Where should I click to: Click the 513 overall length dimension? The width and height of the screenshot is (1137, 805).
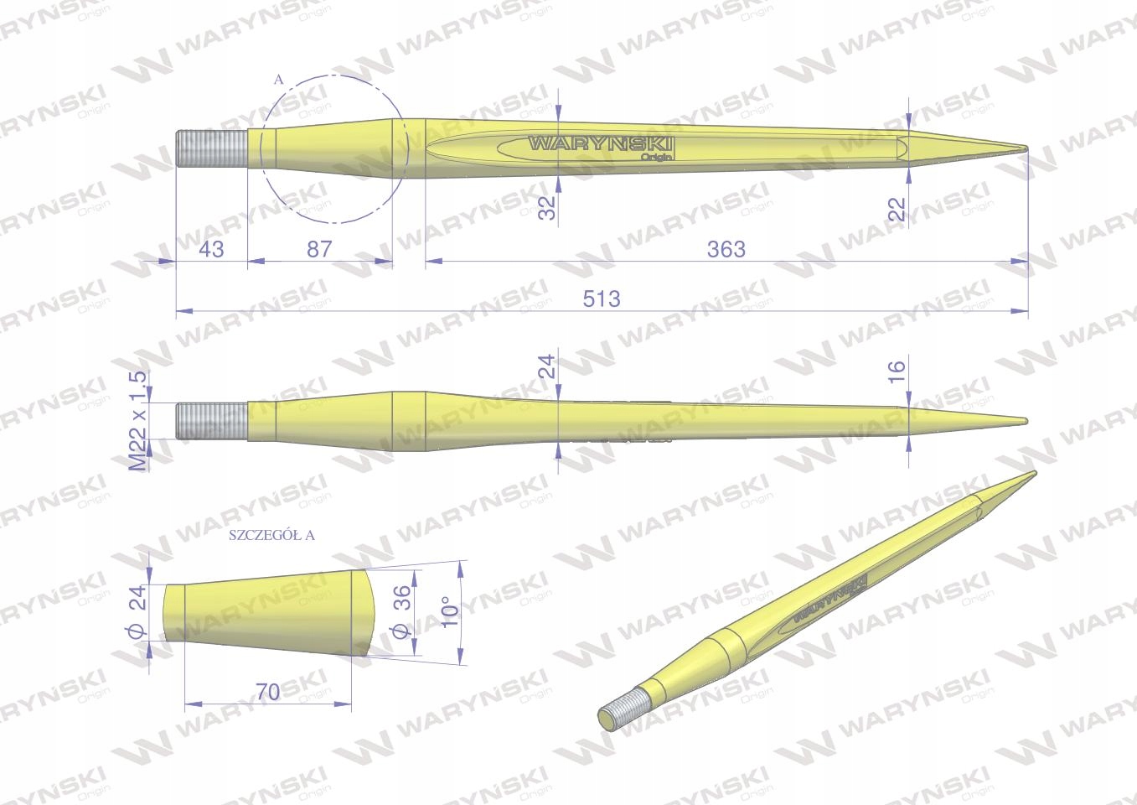pyautogui.click(x=602, y=299)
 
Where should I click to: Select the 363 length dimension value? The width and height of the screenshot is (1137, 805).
pyautogui.click(x=726, y=249)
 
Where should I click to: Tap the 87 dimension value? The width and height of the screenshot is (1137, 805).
pyautogui.click(x=319, y=249)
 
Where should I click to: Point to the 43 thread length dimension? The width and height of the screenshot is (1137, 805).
pyautogui.click(x=210, y=249)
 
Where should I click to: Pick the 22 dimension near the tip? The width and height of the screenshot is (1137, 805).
pyautogui.click(x=898, y=208)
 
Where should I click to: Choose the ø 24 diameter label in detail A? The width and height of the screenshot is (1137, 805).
pyautogui.click(x=139, y=610)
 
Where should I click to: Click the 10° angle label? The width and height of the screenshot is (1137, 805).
pyautogui.click(x=450, y=611)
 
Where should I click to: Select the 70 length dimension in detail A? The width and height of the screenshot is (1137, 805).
pyautogui.click(x=268, y=692)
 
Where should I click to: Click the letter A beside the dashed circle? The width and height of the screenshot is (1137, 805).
pyautogui.click(x=278, y=80)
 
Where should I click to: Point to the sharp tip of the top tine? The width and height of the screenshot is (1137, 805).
pyautogui.click(x=1025, y=149)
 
